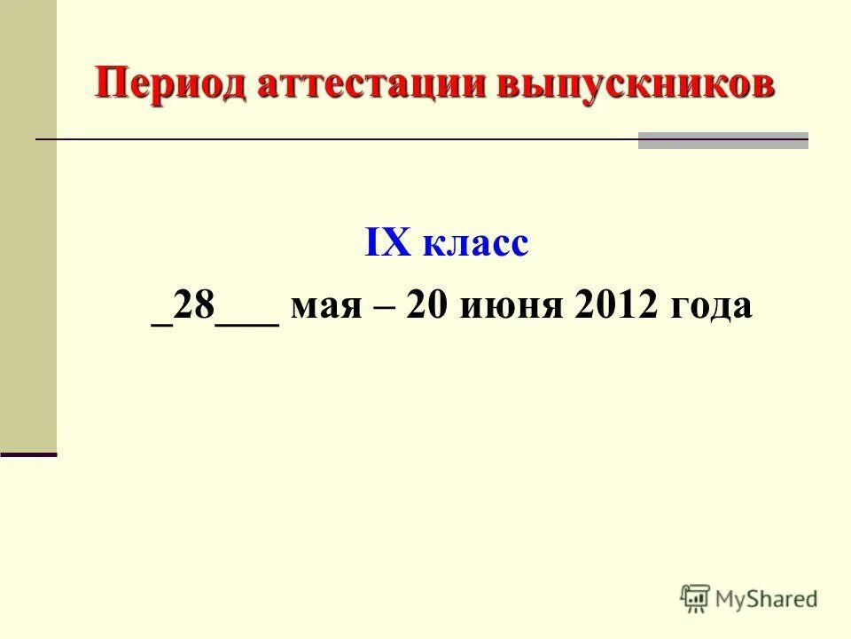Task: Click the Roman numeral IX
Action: pos(386,242)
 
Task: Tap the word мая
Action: pos(340,308)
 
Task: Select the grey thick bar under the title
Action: pos(722,140)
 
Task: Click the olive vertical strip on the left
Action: pos(27,222)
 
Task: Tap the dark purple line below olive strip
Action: pos(27,454)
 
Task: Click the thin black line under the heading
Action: pos(337,140)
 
